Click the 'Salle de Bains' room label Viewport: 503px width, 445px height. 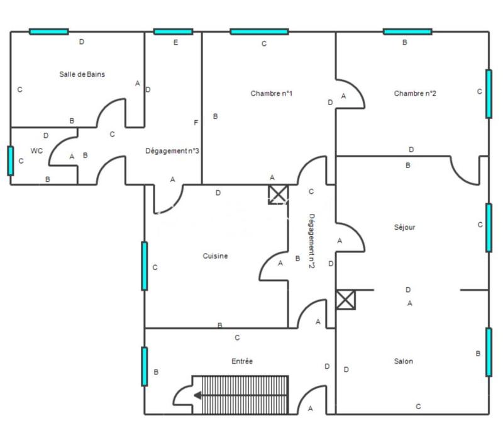[82, 74]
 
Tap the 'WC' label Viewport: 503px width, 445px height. [36, 151]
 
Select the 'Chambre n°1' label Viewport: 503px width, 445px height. [271, 94]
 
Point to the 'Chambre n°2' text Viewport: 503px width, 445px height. [415, 94]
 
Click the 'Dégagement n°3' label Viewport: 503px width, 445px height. [172, 151]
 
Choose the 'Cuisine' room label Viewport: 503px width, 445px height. [215, 256]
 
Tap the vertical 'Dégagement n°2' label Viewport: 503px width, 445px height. [311, 241]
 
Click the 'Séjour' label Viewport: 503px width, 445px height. [404, 227]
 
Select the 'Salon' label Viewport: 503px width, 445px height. [404, 361]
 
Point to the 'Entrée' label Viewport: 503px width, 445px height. [241, 361]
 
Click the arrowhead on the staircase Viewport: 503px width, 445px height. [197, 395]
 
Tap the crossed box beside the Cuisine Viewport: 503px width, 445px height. [278, 194]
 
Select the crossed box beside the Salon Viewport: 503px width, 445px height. [345, 300]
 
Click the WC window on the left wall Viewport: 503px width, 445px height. [10, 161]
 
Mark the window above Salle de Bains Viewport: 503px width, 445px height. [48, 31]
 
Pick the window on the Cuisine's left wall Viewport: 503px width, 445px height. [144, 266]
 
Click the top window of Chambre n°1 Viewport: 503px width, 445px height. [259, 31]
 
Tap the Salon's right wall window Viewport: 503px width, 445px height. [489, 352]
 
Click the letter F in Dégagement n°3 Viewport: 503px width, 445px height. [196, 123]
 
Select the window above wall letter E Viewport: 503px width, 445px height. [173, 31]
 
